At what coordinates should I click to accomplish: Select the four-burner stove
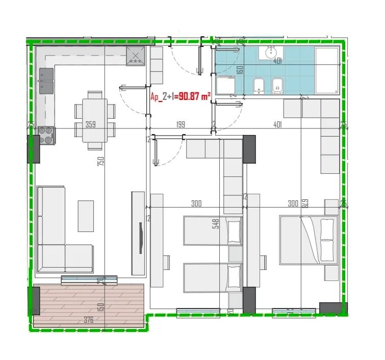tap(46, 135)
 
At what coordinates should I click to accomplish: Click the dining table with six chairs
tap(91, 120)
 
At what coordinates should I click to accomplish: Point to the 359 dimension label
tap(91, 124)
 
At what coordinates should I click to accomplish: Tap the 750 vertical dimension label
tap(101, 162)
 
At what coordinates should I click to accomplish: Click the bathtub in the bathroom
tap(326, 69)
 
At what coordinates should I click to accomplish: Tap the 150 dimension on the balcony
tap(101, 307)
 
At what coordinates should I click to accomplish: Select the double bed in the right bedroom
tap(309, 239)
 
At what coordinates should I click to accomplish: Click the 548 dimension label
tap(216, 224)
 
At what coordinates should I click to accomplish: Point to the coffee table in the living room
tap(86, 216)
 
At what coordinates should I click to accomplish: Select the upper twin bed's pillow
tap(234, 230)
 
